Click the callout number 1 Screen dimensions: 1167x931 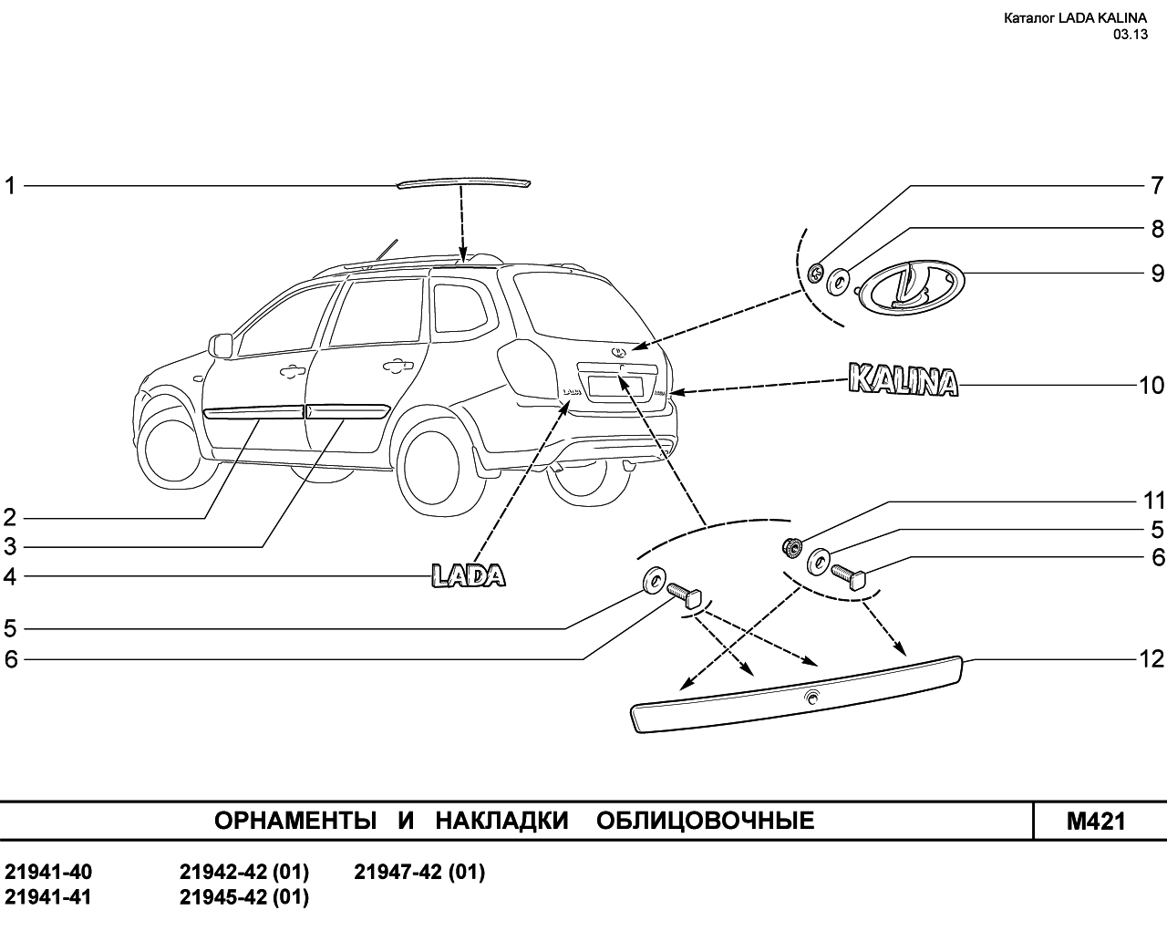pos(10,186)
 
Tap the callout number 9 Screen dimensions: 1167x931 pos(1157,274)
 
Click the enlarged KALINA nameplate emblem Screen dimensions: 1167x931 pos(903,379)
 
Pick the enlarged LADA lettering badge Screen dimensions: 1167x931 pos(469,575)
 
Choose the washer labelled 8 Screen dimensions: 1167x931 pos(839,282)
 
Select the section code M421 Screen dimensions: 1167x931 pos(1097,822)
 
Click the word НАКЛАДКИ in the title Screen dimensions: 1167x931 pos(501,821)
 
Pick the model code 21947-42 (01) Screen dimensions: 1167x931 pos(419,873)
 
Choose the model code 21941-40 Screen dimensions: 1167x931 pos(48,873)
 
